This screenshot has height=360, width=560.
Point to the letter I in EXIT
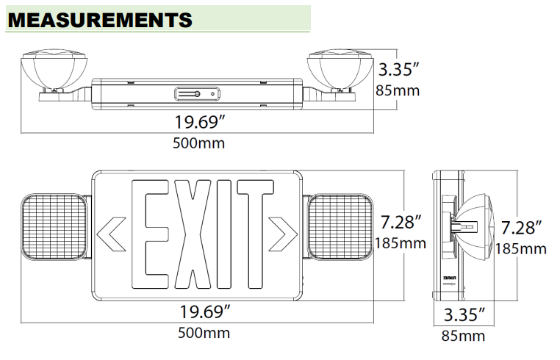(x=224, y=234)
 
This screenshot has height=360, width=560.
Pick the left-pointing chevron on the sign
(x=110, y=232)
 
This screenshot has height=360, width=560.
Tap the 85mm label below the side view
(x=463, y=336)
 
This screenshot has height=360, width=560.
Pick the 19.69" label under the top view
(x=198, y=121)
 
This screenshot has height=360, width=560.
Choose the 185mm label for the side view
(x=521, y=248)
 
